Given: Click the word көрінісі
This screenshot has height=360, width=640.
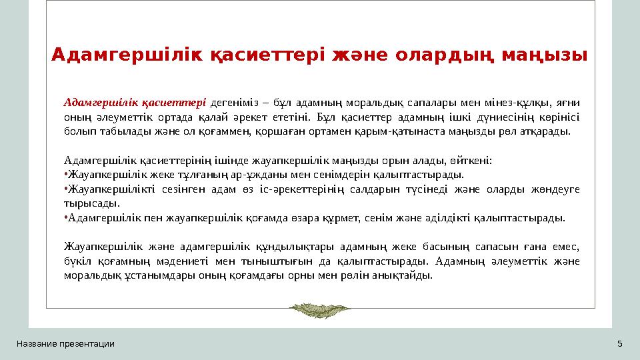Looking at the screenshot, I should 557,117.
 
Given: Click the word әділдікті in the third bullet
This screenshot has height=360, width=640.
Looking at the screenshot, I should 459,218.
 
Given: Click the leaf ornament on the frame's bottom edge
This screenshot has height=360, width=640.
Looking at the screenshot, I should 320,308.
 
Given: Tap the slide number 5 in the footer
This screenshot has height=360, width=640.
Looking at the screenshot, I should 620,344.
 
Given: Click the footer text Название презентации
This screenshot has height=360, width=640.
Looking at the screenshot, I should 65,344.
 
